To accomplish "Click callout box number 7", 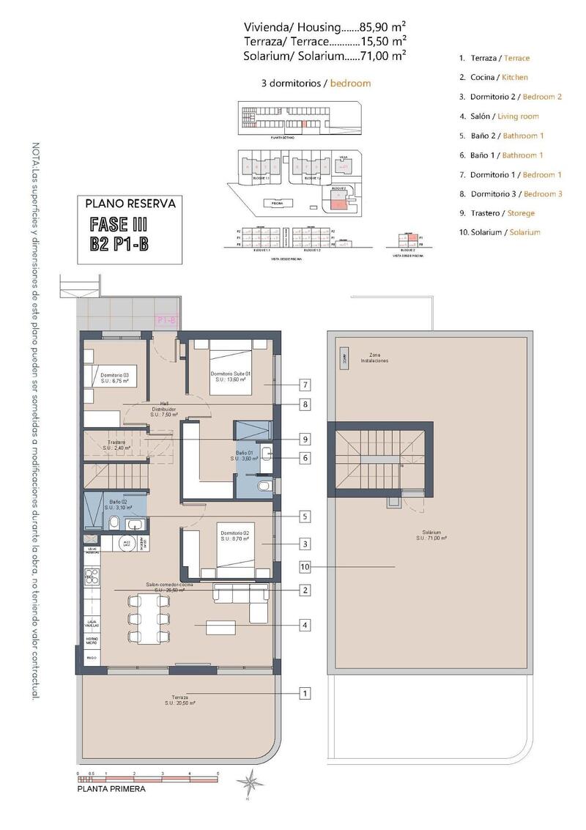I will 305,385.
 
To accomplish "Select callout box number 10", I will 305,566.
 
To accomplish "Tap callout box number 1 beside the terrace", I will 305,692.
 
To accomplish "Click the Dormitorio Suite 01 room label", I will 231,377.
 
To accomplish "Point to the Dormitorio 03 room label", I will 115,378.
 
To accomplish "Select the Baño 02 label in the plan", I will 116,504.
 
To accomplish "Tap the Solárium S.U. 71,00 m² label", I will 431,536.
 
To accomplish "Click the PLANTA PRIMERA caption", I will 111,790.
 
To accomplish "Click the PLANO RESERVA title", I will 130,204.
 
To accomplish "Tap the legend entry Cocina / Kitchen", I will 494,77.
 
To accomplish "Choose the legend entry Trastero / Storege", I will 497,213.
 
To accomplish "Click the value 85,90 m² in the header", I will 383,27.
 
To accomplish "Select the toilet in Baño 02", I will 114,522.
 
